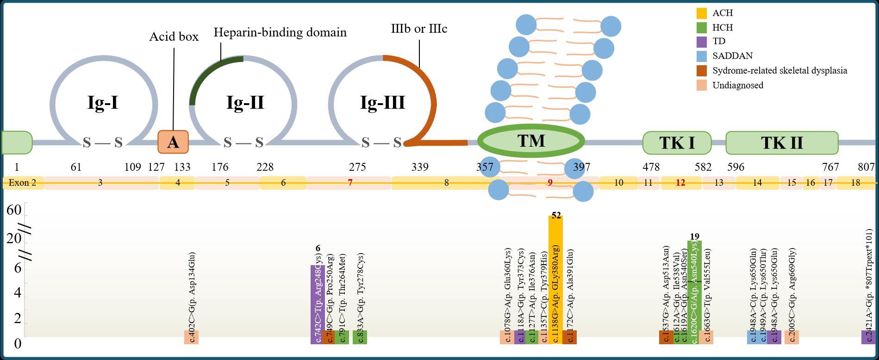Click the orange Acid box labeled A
(173, 142)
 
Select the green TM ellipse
(531, 140)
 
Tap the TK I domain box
(677, 143)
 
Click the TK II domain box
(782, 143)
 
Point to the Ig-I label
(103, 102)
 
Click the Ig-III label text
(382, 102)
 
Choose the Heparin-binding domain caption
(280, 32)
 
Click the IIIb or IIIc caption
(419, 29)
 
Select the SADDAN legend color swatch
(702, 56)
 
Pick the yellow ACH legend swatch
(702, 13)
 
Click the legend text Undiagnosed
(738, 85)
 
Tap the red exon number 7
(350, 183)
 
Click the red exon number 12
(680, 183)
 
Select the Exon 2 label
(22, 183)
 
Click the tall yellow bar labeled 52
(555, 278)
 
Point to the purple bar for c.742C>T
(316, 301)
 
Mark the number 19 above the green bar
(694, 236)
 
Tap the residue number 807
(866, 167)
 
